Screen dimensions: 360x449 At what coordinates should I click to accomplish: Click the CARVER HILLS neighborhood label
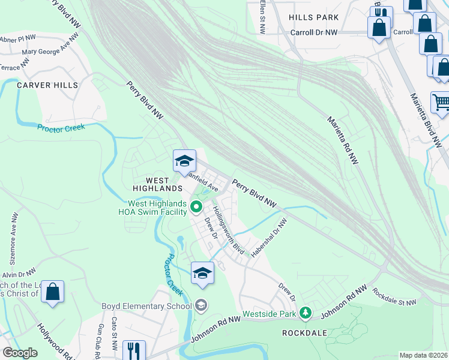(x=47, y=85)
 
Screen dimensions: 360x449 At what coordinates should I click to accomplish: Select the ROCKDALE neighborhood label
(x=306, y=332)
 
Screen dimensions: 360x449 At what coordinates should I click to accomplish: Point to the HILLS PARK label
(x=313, y=18)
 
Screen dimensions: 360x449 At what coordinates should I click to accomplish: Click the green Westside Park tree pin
(x=306, y=313)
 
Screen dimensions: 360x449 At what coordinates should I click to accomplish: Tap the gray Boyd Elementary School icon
(x=201, y=306)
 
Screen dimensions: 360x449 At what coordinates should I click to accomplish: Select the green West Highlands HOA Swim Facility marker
(x=196, y=208)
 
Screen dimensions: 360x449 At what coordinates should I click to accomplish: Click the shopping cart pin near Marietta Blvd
(x=441, y=103)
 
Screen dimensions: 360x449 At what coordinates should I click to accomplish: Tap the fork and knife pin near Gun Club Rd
(x=132, y=349)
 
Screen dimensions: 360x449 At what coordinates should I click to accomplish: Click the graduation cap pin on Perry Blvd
(x=184, y=160)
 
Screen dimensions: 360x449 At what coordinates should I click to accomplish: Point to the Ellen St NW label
(x=262, y=15)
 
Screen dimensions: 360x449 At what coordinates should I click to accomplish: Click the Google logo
(x=20, y=352)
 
